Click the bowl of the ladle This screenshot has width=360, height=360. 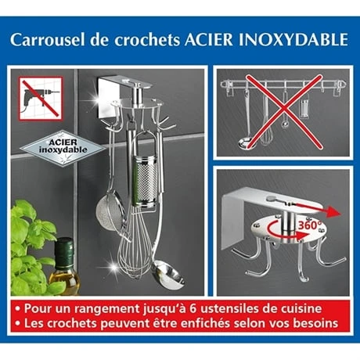click(x=166, y=276)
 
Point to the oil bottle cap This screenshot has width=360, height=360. click(x=66, y=250)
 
